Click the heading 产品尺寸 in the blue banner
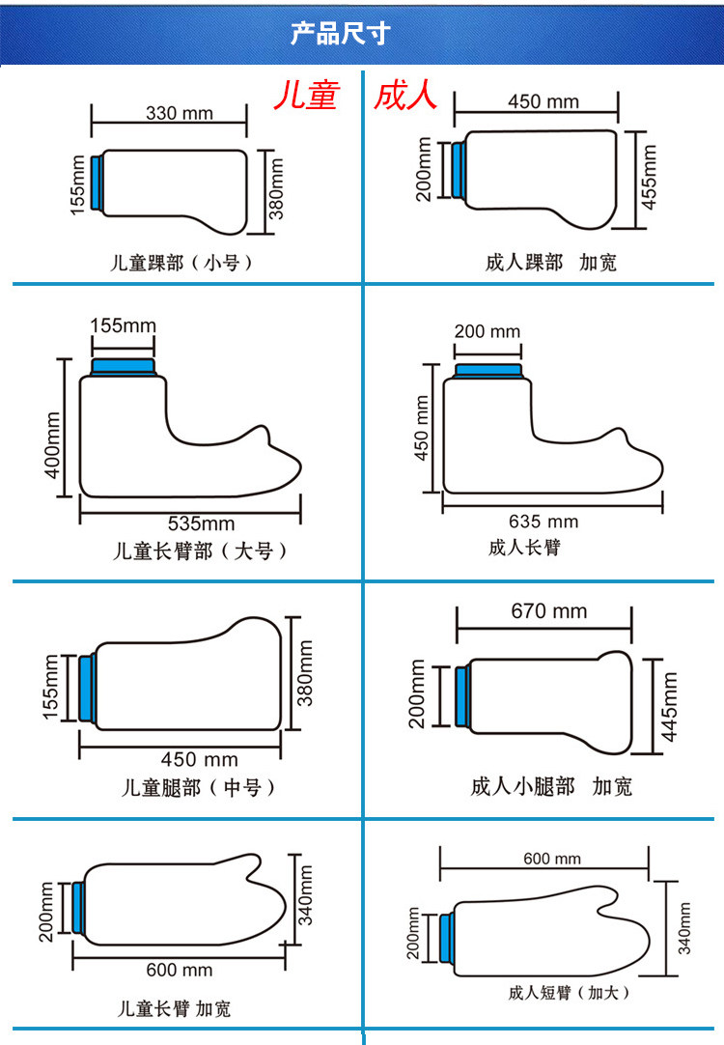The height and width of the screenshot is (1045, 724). (341, 35)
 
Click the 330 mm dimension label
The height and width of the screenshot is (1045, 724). (180, 113)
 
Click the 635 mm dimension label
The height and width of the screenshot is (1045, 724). (543, 522)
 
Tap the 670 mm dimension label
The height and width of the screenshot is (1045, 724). (549, 611)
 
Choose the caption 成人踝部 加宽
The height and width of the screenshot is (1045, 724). (550, 263)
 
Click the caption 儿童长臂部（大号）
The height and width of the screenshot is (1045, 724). (200, 551)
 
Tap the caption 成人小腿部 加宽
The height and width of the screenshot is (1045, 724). (551, 786)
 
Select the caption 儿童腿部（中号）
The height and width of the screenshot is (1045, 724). (198, 787)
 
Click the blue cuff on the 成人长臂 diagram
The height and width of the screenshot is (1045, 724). (489, 369)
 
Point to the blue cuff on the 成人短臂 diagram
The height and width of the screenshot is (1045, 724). (446, 938)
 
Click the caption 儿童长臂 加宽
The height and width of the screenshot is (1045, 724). (174, 1009)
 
